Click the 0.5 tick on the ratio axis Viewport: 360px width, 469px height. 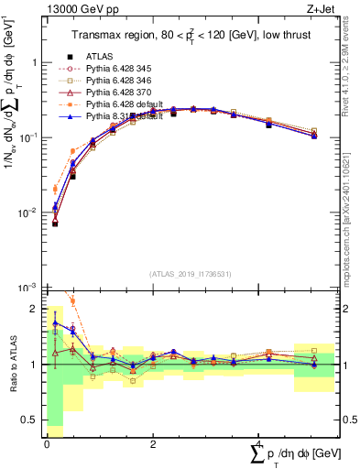33,420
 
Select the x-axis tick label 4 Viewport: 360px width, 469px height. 257,443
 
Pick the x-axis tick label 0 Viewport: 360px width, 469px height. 47,443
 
